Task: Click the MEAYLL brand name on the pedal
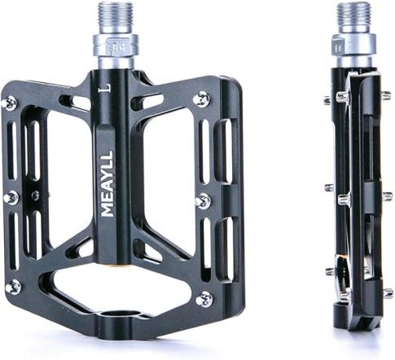tap(107, 183)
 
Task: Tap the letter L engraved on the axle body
tap(108, 88)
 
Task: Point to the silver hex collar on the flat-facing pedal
tap(116, 47)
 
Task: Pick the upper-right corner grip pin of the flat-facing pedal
tap(203, 98)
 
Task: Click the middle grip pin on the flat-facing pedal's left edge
tap(11, 198)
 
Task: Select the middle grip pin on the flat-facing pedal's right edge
tap(204, 201)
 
